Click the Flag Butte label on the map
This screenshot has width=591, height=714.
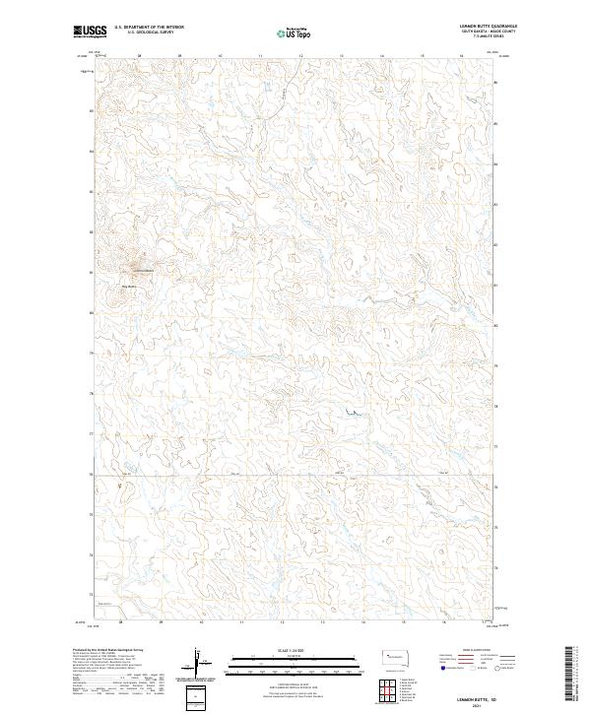127,287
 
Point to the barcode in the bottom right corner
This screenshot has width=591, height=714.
569,674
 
